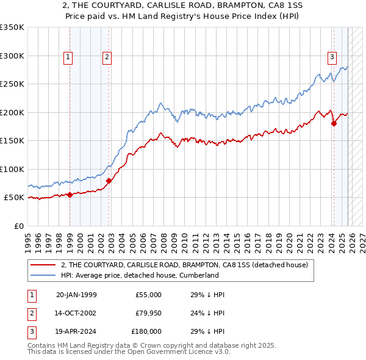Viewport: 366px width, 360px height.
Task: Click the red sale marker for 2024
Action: [334, 124]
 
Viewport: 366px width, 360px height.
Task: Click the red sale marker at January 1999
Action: [70, 195]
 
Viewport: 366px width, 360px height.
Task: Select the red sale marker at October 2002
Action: [109, 181]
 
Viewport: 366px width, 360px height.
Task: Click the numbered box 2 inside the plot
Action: [107, 57]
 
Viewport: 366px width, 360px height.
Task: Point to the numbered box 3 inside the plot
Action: [332, 57]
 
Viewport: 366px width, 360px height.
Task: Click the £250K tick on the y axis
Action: [12, 84]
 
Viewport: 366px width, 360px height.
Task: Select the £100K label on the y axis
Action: [12, 169]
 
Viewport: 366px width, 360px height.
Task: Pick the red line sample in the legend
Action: [43, 265]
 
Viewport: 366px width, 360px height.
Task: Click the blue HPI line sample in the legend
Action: [43, 275]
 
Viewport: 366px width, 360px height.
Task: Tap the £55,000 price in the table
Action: [148, 295]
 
